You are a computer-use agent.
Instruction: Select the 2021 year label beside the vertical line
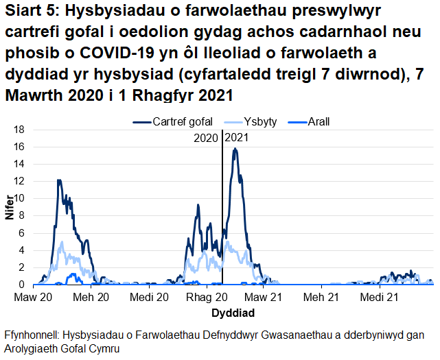tap(237, 136)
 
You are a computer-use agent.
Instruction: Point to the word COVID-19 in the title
tap(113, 53)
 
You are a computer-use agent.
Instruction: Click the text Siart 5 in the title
tap(29, 12)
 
